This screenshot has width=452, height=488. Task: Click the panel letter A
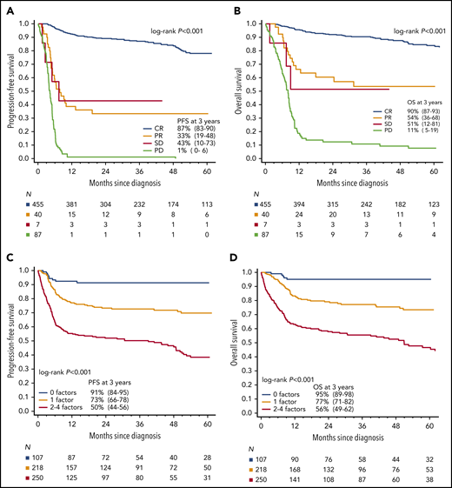point(6,7)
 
